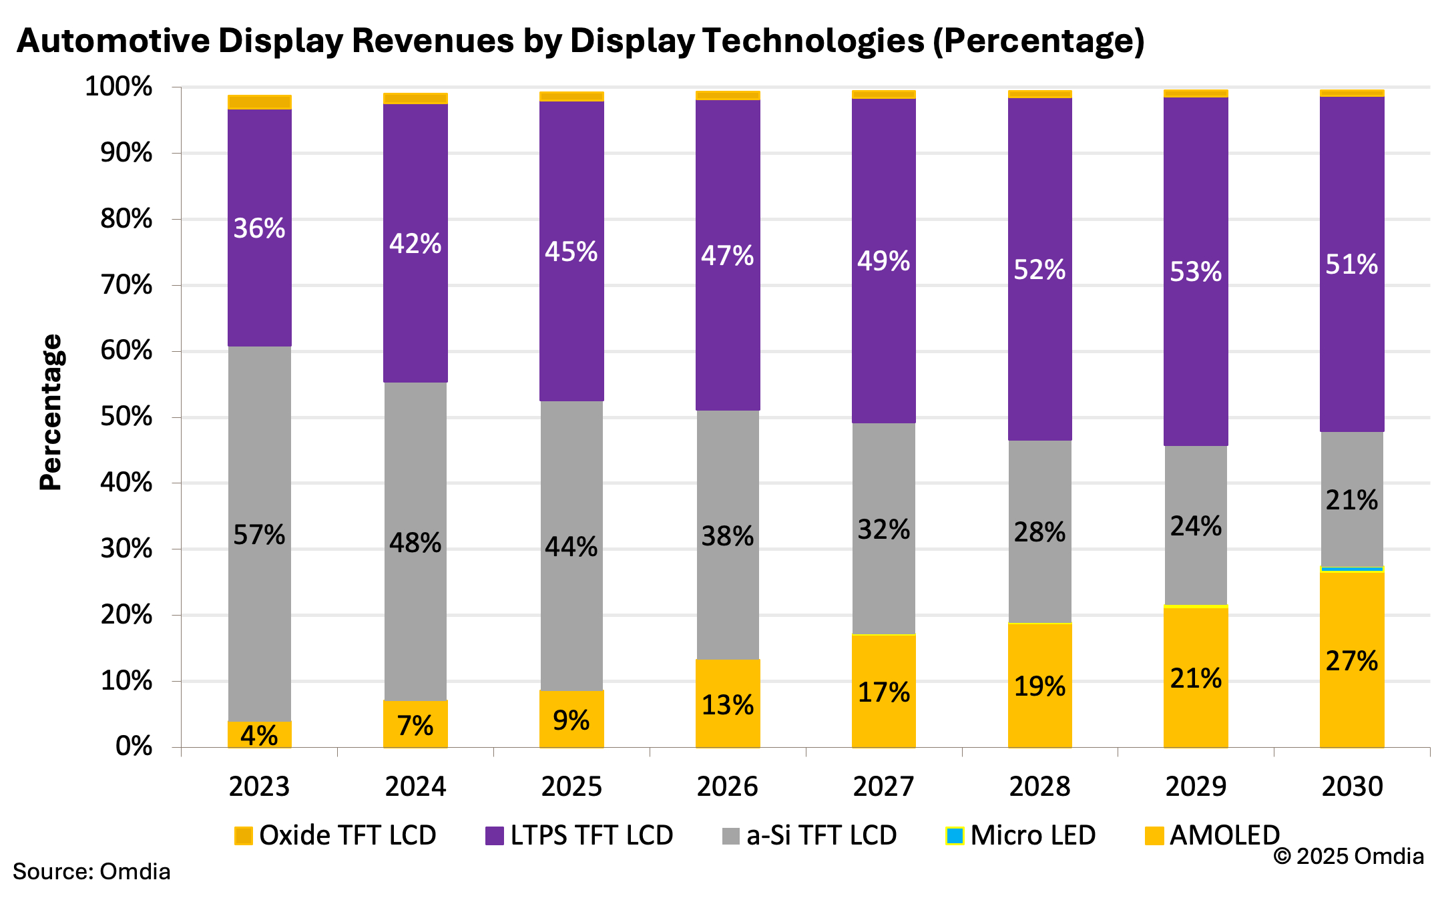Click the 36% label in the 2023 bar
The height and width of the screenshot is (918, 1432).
point(259,228)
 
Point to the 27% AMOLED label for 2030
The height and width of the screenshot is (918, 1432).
point(1352,661)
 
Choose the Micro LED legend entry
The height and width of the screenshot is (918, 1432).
point(1021,835)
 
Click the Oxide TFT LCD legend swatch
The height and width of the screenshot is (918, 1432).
point(244,836)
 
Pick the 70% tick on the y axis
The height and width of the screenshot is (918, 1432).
point(126,285)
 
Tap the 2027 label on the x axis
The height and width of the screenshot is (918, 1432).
point(883,786)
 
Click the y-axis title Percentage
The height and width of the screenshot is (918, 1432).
point(51,413)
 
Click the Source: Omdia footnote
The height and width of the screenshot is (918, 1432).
point(91,871)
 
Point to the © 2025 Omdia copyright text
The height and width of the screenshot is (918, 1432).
point(1349,856)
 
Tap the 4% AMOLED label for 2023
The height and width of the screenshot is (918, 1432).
point(259,736)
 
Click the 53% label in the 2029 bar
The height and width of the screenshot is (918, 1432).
point(1196,272)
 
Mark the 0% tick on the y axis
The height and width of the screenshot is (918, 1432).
point(134,746)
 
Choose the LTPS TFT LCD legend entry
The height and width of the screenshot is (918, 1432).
point(579,835)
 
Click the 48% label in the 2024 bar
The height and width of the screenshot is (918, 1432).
point(415,543)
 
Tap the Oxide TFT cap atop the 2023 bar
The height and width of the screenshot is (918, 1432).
point(259,101)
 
